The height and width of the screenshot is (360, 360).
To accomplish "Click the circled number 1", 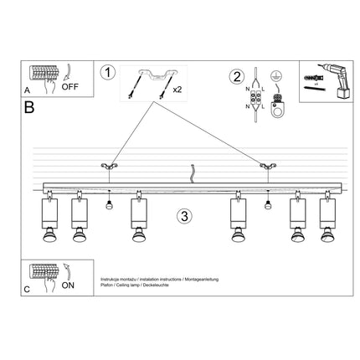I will pos(106,72).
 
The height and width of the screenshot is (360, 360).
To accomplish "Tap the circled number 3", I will pos(185,216).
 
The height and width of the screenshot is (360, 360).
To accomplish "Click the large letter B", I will pos(30,107).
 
